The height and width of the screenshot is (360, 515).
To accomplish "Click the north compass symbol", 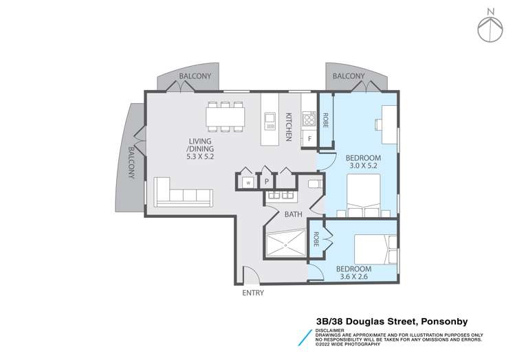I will [x=490, y=25].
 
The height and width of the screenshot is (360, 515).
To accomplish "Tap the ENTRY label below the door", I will [x=252, y=293].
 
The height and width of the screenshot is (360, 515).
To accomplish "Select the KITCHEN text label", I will [x=289, y=127].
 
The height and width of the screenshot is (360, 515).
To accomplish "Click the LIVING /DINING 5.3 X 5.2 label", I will [x=200, y=149].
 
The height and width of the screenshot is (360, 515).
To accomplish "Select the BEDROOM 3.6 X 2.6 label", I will [x=353, y=273].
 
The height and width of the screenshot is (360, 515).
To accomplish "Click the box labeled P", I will [x=266, y=182].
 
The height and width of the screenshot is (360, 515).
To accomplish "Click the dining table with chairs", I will [x=225, y=116].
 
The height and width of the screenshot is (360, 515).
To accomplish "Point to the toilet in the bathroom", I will [x=314, y=184].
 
